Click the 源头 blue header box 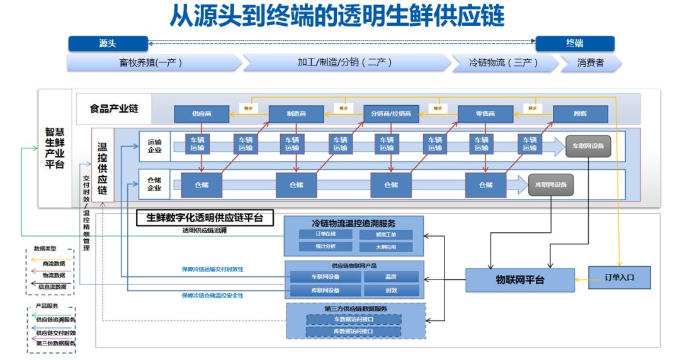108,43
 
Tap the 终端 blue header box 574,43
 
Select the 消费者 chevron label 591,62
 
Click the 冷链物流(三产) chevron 504,62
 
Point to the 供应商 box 201,114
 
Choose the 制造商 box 296,114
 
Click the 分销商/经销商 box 390,114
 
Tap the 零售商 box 485,114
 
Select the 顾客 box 580,114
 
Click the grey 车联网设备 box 588,146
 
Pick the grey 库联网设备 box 551,184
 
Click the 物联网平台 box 520,280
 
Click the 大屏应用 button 386,247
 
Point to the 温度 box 390,276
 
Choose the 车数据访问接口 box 353,319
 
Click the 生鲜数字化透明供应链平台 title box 205,218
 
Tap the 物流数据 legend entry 50,275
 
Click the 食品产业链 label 114,109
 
